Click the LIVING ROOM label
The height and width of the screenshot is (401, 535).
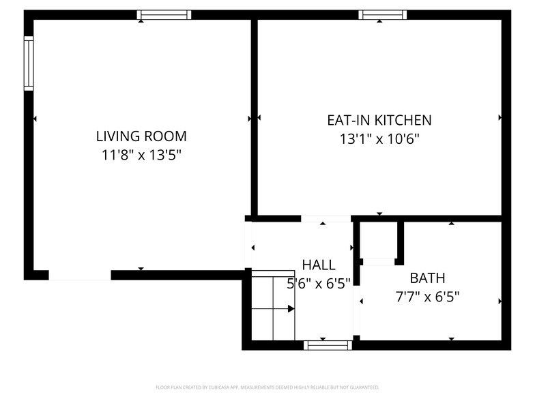click(141, 136)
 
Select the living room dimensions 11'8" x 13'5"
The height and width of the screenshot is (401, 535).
click(141, 155)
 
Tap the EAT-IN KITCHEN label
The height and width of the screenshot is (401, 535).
click(379, 120)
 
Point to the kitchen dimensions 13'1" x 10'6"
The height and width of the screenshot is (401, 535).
click(379, 139)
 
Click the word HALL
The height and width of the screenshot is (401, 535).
click(318, 265)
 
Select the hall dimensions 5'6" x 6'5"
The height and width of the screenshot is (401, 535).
click(318, 283)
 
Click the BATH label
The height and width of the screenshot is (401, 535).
click(427, 278)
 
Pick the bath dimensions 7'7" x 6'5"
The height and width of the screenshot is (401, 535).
click(427, 297)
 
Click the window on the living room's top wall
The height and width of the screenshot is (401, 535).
click(164, 14)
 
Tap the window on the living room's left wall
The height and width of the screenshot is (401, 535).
click(29, 63)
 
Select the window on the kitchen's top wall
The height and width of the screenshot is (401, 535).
click(383, 14)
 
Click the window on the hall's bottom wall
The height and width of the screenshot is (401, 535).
click(328, 345)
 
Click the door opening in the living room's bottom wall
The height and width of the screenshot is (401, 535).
click(79, 276)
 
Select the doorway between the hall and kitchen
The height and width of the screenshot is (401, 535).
click(326, 219)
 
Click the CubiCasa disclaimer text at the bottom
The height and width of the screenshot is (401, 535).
click(267, 387)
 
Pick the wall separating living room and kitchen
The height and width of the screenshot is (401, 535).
click(254, 116)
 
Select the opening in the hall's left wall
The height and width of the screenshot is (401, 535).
click(248, 246)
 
